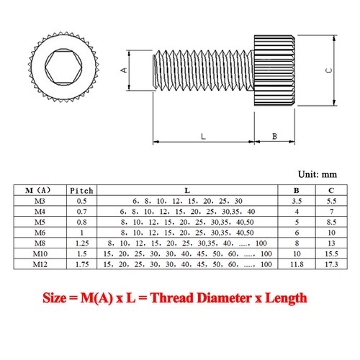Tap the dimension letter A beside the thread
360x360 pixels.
[x=123, y=70]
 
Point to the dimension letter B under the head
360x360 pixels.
[x=274, y=135]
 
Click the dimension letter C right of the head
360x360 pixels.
[x=328, y=70]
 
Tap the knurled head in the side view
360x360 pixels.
[x=274, y=70]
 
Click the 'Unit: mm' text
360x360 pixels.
[x=318, y=174]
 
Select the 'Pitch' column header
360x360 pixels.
[x=81, y=190]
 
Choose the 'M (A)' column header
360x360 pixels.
[x=37, y=190]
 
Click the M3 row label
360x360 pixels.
[x=37, y=201]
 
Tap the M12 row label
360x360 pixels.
[x=37, y=265]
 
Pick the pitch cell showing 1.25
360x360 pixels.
[x=81, y=243]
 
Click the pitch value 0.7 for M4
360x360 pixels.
[x=81, y=212]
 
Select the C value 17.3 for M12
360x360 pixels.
[x=332, y=265]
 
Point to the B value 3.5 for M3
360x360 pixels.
[x=296, y=201]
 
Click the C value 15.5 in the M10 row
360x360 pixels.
[x=332, y=254]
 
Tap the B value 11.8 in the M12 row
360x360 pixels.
[x=296, y=265]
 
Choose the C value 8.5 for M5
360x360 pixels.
[x=332, y=222]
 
